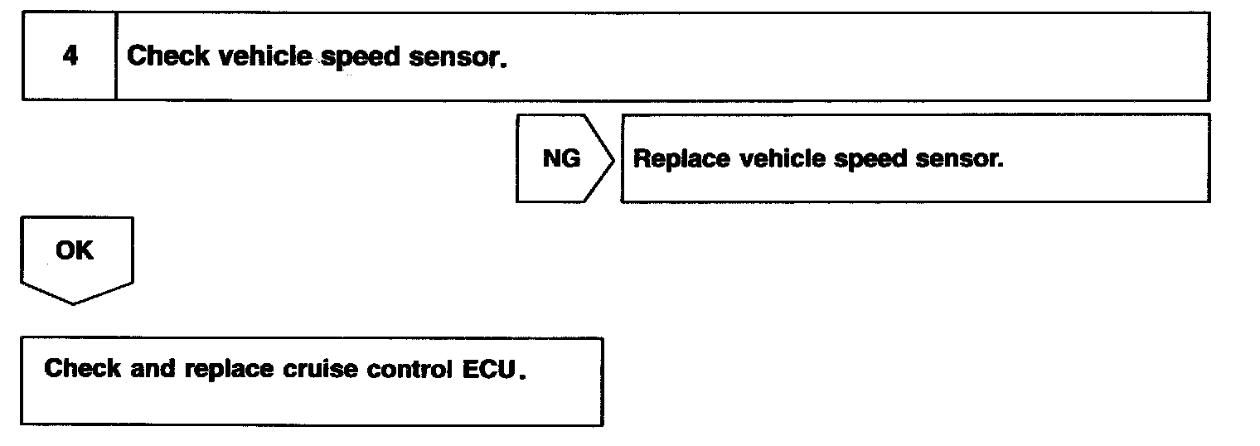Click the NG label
tap(561, 158)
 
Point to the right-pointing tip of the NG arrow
tap(613, 158)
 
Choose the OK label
tap(75, 251)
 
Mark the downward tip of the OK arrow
tap(75, 303)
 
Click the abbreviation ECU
tap(487, 368)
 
